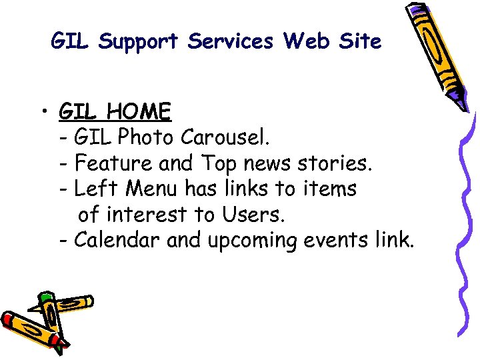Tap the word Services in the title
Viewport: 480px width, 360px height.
pyautogui.click(x=230, y=42)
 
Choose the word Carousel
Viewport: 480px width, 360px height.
pyautogui.click(x=225, y=137)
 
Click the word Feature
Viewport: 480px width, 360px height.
pyautogui.click(x=113, y=163)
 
